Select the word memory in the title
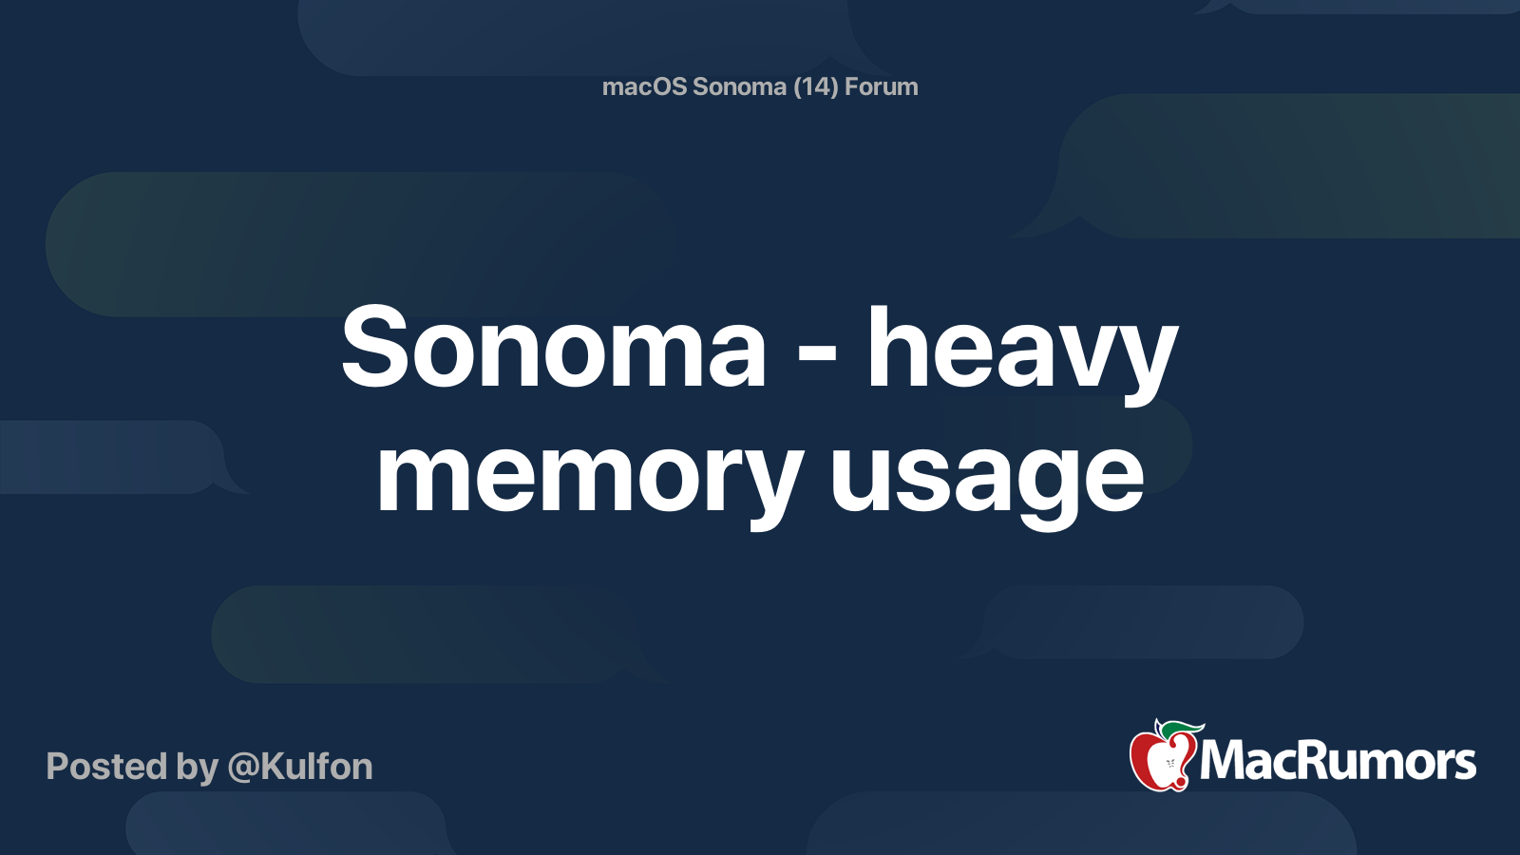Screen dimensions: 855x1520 tap(589, 475)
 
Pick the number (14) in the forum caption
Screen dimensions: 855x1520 tap(815, 86)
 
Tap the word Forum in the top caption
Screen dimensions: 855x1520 tap(881, 86)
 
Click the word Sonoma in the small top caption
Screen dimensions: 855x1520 tap(739, 86)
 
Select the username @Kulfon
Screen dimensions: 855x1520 tap(300, 767)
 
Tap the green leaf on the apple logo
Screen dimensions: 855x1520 tap(1184, 729)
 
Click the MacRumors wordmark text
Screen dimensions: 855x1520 tap(1338, 762)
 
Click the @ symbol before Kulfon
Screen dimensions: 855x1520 tap(243, 768)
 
